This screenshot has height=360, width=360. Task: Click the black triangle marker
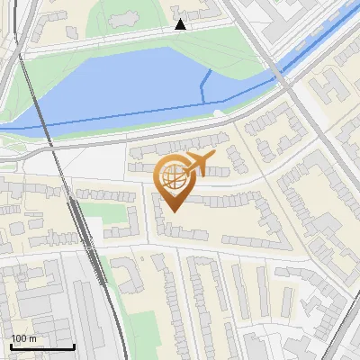(181, 25)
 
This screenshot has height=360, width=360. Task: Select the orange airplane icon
(198, 163)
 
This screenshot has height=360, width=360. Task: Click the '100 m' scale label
(24, 338)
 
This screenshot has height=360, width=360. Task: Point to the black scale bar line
(42, 347)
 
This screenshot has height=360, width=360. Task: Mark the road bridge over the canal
(282, 77)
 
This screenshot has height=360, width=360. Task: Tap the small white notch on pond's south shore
(219, 112)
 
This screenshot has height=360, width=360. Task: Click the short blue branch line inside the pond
(205, 85)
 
